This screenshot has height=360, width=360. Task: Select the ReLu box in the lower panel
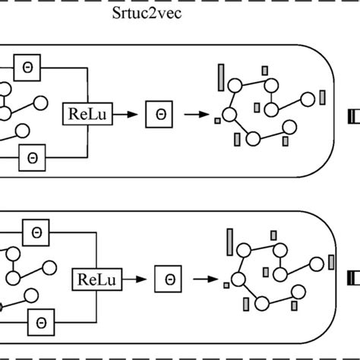tap(93, 279)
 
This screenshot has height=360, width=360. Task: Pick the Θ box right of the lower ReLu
tap(168, 278)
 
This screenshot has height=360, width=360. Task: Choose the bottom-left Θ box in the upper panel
tap(32, 157)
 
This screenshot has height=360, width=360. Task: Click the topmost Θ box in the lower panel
tap(36, 232)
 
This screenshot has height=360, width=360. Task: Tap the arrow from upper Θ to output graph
tap(195, 115)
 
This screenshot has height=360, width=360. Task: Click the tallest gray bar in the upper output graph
tap(221, 77)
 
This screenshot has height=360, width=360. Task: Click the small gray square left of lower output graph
tap(226, 286)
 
